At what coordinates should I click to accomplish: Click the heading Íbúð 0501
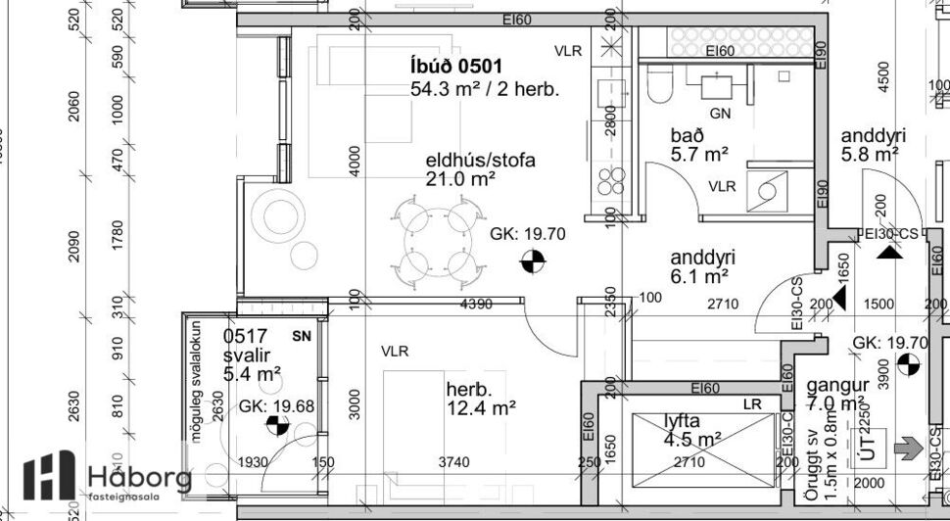point(456,67)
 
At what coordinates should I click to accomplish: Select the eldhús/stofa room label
point(480,161)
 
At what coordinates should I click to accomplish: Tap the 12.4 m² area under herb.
point(481,406)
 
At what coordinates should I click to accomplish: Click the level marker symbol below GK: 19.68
point(277,426)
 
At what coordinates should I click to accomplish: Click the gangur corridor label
point(833,385)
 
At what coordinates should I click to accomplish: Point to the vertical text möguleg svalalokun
point(196,383)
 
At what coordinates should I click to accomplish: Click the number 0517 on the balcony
point(245,336)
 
